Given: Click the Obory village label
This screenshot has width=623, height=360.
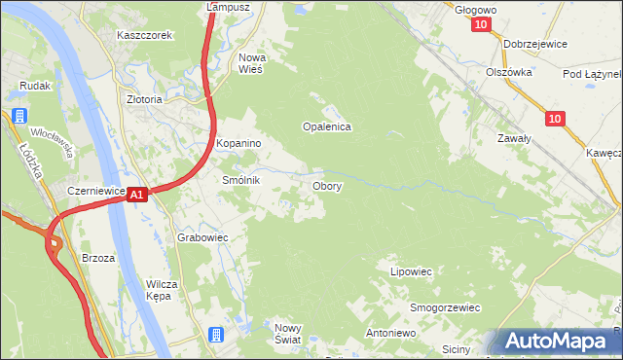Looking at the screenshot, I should point(326,186).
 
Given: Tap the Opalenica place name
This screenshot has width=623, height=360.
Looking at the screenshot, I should point(326,126).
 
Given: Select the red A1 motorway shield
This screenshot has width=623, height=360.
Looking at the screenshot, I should point(137,195).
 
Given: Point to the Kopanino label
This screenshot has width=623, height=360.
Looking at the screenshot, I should point(239,144).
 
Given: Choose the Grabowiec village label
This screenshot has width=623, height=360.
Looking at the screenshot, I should point(202,237).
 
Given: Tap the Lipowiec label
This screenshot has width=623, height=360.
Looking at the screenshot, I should point(411,271).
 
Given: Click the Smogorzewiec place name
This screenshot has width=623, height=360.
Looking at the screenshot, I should point(445,307).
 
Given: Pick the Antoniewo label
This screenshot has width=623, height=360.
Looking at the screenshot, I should point(390,333).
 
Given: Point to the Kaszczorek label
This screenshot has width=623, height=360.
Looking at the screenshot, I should point(144,35).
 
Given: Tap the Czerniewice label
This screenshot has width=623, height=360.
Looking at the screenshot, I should point(96,191).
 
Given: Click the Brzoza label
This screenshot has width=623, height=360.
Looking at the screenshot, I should point(98,258).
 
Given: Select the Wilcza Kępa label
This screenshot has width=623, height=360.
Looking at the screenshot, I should point(162,290).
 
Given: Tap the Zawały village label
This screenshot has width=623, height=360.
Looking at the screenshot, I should point(514,139).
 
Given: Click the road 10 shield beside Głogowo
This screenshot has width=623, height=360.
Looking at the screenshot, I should point(484,26).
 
